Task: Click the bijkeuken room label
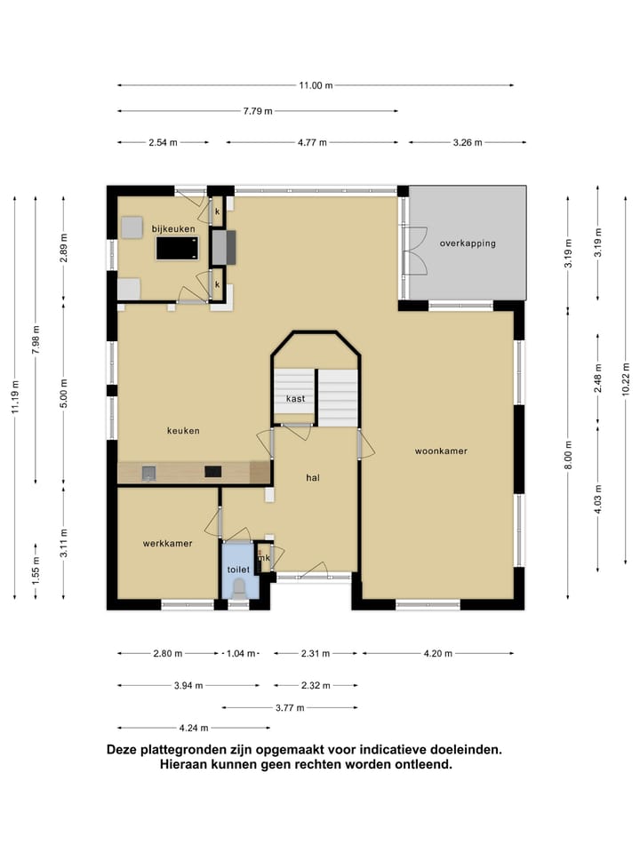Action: pyautogui.click(x=173, y=229)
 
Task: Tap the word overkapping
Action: pyautogui.click(x=468, y=243)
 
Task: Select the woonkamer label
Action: pyautogui.click(x=441, y=451)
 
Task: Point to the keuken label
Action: pyautogui.click(x=183, y=431)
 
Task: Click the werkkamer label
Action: pyautogui.click(x=167, y=544)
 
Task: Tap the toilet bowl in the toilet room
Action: pyautogui.click(x=238, y=588)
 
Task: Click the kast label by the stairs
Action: pyautogui.click(x=295, y=399)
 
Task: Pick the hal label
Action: pyautogui.click(x=313, y=478)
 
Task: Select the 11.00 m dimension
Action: pyautogui.click(x=316, y=85)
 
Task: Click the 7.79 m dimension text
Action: pyautogui.click(x=258, y=111)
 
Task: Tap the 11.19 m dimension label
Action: pyautogui.click(x=15, y=396)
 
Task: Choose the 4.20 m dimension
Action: pyautogui.click(x=438, y=653)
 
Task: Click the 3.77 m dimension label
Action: pyautogui.click(x=290, y=708)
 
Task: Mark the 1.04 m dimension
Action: pyautogui.click(x=241, y=653)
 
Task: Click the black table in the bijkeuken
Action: pyautogui.click(x=178, y=249)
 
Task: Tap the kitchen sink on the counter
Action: pyautogui.click(x=148, y=473)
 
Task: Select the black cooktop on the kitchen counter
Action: pyautogui.click(x=212, y=472)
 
